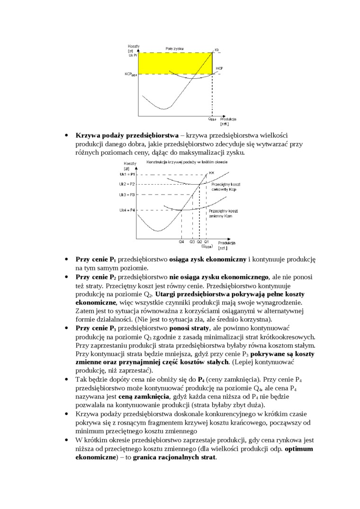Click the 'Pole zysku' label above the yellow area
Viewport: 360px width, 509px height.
coord(175,49)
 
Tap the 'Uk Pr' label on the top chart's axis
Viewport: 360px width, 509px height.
coord(133,55)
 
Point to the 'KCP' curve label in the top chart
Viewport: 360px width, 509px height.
coord(219,69)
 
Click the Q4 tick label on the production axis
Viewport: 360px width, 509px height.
coord(181,241)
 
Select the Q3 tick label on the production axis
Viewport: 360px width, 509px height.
coord(192,241)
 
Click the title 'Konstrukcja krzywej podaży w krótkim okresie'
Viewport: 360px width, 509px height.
coord(177,162)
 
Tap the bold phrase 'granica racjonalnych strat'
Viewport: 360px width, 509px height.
coord(174,457)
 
